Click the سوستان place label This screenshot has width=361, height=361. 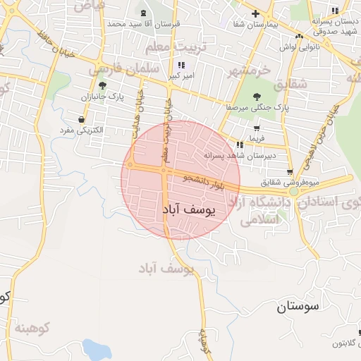coord(298,306)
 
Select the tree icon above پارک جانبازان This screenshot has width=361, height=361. coord(102,85)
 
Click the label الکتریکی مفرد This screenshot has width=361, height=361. coord(79,130)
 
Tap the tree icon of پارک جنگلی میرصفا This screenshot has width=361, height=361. coord(255,97)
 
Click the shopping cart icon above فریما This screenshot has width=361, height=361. coord(256,128)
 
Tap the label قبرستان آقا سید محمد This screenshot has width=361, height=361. coord(144,23)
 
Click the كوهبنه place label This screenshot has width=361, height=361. coord(33,328)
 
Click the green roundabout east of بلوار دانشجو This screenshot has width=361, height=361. coord(295,191)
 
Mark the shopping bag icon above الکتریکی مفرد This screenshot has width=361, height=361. coord(82,119)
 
